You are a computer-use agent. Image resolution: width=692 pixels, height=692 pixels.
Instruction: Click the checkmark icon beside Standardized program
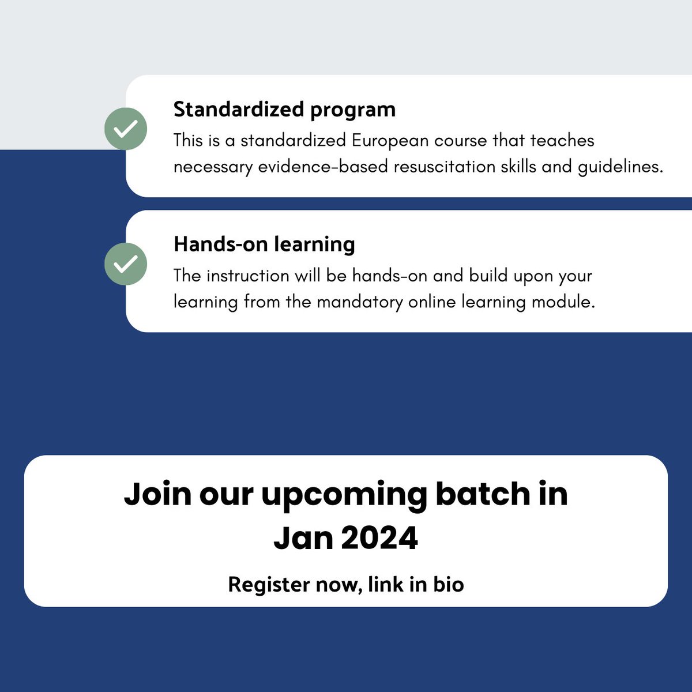click(126, 129)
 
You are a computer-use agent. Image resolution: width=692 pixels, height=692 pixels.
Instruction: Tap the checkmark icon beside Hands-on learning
click(126, 264)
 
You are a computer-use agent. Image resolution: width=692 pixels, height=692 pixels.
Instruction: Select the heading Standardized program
click(284, 110)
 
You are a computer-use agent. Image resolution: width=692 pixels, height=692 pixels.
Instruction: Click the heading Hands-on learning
click(264, 245)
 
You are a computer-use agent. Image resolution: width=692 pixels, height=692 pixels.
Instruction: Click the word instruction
click(247, 276)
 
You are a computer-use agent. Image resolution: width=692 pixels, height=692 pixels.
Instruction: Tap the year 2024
click(379, 538)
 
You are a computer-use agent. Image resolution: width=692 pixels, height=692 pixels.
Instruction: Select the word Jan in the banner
click(303, 538)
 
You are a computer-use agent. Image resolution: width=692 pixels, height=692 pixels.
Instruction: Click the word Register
click(269, 585)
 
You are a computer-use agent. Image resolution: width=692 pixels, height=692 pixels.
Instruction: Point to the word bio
click(448, 584)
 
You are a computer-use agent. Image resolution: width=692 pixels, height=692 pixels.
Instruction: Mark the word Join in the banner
click(157, 494)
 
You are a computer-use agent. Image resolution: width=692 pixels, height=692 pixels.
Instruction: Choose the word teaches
click(562, 141)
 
